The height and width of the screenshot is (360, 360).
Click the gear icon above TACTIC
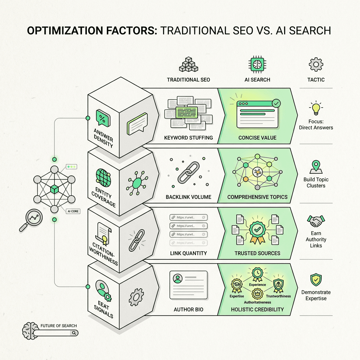click(x=316, y=65)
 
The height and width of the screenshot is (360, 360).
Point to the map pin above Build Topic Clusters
click(x=316, y=167)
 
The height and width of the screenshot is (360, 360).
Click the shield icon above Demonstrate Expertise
click(x=316, y=280)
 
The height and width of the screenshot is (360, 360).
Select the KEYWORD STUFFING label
click(x=188, y=137)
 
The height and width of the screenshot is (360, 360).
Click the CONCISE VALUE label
click(x=257, y=137)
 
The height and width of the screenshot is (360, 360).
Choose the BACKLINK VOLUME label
click(x=188, y=197)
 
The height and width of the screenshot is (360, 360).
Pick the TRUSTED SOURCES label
click(x=257, y=253)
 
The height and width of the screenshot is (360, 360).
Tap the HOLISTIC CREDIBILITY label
click(x=257, y=309)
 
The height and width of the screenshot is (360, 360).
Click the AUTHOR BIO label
click(x=188, y=309)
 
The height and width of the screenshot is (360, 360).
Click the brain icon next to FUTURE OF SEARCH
click(x=30, y=330)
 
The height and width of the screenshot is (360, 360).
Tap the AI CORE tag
click(x=72, y=211)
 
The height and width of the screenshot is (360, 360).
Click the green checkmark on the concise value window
click(x=276, y=103)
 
